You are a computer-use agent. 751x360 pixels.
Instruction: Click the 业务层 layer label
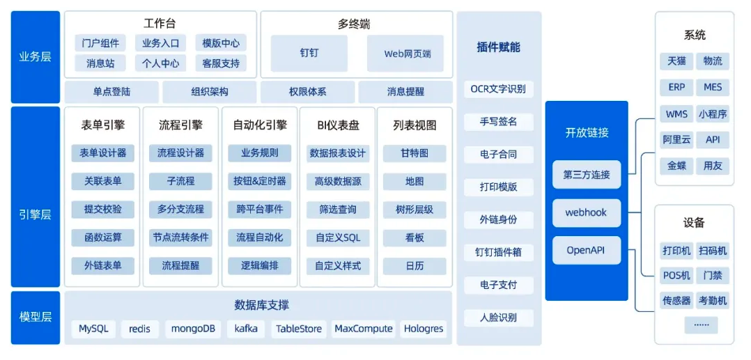tap(36, 57)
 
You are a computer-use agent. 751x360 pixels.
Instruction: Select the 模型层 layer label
tap(36, 318)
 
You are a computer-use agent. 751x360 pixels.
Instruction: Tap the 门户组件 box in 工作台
tap(100, 42)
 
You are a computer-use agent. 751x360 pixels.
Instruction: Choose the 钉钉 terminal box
tap(309, 53)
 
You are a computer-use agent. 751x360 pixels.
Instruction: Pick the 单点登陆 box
tap(111, 91)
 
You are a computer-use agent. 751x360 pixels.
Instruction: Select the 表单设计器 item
tap(103, 153)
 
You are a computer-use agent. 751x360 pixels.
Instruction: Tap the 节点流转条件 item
tap(180, 237)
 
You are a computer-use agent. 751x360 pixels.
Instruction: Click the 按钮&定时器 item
tap(259, 182)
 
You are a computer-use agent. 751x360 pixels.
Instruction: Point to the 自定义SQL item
tap(338, 237)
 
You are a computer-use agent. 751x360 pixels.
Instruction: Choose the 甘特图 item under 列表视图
tap(415, 153)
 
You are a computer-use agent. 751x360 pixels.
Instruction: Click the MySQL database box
tap(94, 329)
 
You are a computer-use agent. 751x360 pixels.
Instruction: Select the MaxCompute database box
tap(364, 329)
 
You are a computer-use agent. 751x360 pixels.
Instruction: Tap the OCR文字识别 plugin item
tap(499, 89)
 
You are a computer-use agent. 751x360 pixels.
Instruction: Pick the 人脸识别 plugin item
tap(499, 318)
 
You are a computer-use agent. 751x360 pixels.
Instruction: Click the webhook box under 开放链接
tap(587, 212)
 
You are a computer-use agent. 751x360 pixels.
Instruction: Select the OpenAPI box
tap(587, 250)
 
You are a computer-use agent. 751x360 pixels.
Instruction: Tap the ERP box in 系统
tap(676, 88)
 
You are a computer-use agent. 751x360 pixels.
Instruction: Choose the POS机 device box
tap(676, 276)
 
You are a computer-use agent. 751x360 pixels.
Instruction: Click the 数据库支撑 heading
tap(261, 305)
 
